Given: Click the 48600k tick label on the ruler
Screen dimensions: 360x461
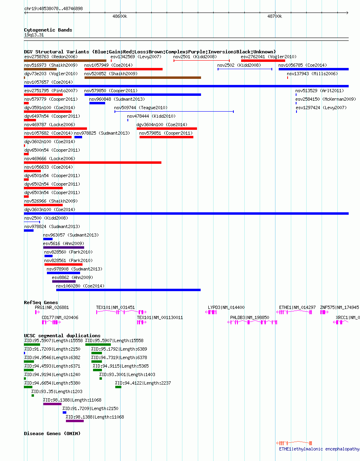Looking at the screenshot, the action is point(120,17).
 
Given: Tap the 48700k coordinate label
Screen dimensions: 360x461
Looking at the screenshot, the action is point(275,17).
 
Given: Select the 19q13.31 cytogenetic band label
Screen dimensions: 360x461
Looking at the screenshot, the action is point(34,35).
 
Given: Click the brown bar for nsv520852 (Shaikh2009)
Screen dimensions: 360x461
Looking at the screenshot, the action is point(143,78).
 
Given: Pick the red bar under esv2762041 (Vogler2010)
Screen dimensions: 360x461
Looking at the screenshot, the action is point(263,61).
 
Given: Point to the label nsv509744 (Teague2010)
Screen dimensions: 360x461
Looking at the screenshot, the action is point(141,108).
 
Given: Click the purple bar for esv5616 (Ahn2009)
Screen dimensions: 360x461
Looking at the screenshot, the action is point(64,247).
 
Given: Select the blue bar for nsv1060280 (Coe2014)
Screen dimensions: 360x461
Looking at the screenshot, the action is point(128,290).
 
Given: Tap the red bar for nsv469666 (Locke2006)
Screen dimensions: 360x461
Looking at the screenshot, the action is point(93,163).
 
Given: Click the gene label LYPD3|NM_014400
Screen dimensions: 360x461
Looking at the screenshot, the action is point(226,307).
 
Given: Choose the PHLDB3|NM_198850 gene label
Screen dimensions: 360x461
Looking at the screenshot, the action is point(250,318).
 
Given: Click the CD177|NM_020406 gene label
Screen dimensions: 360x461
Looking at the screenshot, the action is point(60,318).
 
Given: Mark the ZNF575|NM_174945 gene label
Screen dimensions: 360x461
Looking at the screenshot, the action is point(340,307).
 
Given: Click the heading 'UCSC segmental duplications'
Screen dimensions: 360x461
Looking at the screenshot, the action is point(62,336).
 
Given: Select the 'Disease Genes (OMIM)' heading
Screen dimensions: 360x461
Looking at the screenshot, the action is point(52,434).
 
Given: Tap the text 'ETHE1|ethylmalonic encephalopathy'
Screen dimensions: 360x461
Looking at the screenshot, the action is point(319,449).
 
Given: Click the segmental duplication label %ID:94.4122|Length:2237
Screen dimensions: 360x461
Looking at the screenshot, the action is point(143,383).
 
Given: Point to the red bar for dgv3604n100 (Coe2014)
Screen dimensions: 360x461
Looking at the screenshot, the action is point(167,129).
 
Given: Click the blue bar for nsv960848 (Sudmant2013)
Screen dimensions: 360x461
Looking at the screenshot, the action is point(97,103).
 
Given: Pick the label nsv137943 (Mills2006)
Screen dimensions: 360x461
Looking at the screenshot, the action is point(312,74).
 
